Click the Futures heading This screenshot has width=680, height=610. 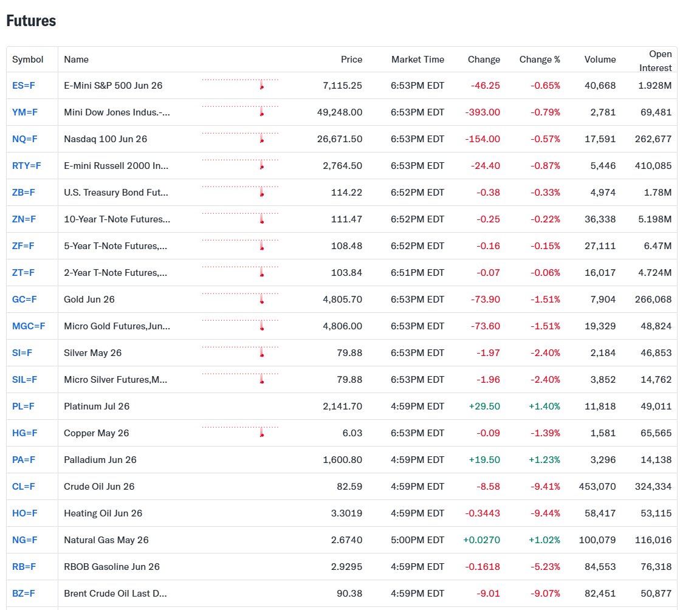pos(31,21)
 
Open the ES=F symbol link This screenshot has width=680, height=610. pos(24,86)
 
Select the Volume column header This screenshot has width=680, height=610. pos(600,60)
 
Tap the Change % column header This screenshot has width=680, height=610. pos(540,60)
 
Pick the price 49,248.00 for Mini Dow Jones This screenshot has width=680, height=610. pos(340,112)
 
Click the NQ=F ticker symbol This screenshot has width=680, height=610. pos(25,139)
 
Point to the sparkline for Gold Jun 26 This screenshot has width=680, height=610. pos(240,298)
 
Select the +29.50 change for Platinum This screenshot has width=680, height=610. pos(484,406)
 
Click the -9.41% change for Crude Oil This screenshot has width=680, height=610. pos(545,487)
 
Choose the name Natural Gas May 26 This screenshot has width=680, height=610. pos(106,540)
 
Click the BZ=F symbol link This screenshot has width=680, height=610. pos(24,594)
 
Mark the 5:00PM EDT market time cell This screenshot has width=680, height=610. pos(417,540)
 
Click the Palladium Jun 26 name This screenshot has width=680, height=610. pos(100,460)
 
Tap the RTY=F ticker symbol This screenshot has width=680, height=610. pos(27,166)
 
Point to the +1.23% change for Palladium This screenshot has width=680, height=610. pos(544,460)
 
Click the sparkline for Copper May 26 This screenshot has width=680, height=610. pos(240,432)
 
